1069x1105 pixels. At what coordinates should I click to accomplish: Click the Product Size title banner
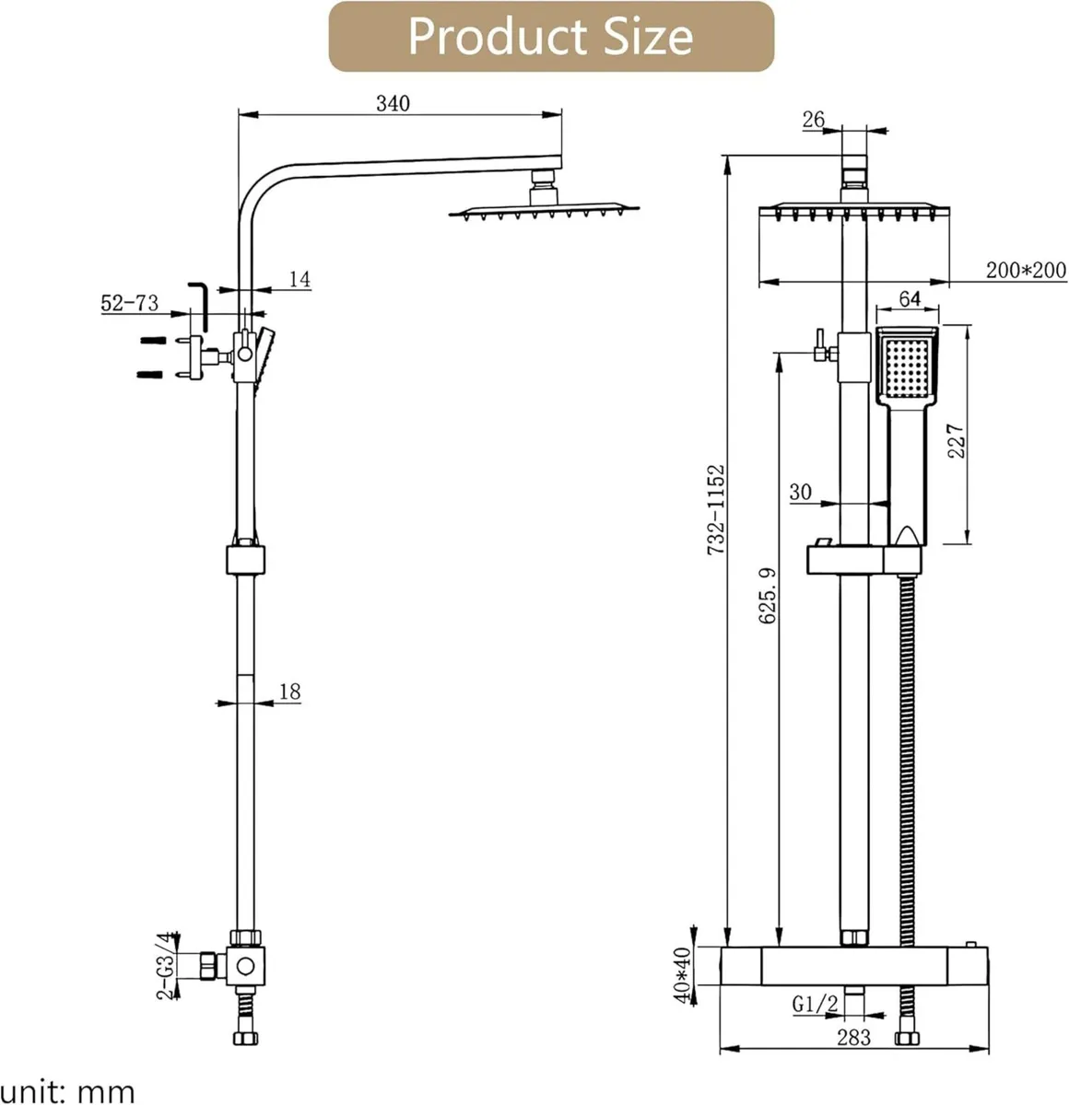coord(550,36)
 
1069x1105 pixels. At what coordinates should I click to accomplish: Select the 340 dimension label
coord(393,103)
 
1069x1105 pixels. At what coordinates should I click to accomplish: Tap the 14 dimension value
coord(300,279)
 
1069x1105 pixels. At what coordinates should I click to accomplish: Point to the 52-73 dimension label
coord(130,303)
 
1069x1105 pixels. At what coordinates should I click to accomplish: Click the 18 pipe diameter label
coord(289,692)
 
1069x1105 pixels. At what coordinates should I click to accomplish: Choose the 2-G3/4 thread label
coord(165,965)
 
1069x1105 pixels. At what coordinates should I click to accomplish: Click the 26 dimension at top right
coord(814,120)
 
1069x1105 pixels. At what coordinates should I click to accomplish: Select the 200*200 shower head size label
coord(1026,271)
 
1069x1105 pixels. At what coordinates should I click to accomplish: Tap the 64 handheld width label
coord(909,299)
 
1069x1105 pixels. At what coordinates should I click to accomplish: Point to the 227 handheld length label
coord(955,441)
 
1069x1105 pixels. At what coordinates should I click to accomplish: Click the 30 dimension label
coord(800,493)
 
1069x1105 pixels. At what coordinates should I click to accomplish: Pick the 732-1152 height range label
coord(716,509)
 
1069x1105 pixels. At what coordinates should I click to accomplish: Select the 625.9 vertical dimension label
coord(767,596)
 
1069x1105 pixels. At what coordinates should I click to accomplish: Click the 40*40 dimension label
coord(683,974)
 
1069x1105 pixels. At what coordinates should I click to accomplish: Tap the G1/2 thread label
coord(815,1004)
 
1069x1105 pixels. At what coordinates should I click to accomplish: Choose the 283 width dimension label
coord(853,1037)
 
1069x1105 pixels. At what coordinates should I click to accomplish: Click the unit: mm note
coord(68,1091)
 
